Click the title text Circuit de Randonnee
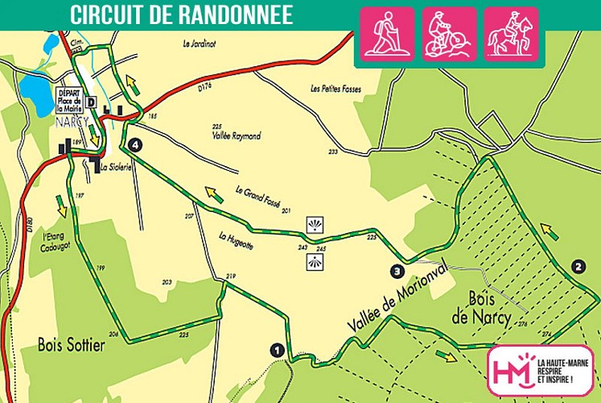tap(181, 15)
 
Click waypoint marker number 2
tap(577, 265)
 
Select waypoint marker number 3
tap(397, 271)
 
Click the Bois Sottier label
tap(72, 346)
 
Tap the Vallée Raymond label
tap(236, 137)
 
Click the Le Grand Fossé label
tap(258, 198)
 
